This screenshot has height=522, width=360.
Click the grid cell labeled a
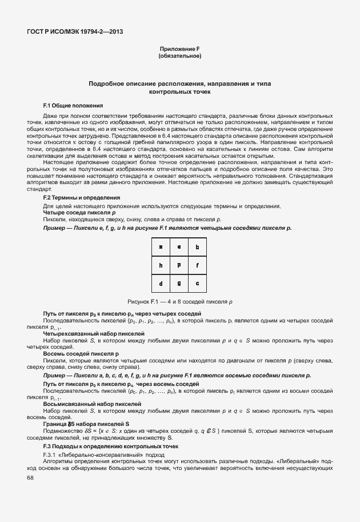[161, 248]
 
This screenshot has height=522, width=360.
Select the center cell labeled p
[179, 265]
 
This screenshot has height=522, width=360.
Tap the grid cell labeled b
[198, 248]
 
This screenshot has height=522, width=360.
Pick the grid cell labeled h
[161, 265]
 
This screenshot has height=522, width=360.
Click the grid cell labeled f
[198, 265]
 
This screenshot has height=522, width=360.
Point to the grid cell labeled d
[161, 283]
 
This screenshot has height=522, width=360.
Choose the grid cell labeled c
[198, 283]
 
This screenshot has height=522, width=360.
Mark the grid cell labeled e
[179, 248]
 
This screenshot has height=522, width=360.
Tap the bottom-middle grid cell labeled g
[179, 283]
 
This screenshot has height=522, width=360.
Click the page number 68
[30, 478]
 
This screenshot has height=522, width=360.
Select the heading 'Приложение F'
[179, 50]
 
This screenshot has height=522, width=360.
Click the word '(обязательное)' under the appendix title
[179, 57]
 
